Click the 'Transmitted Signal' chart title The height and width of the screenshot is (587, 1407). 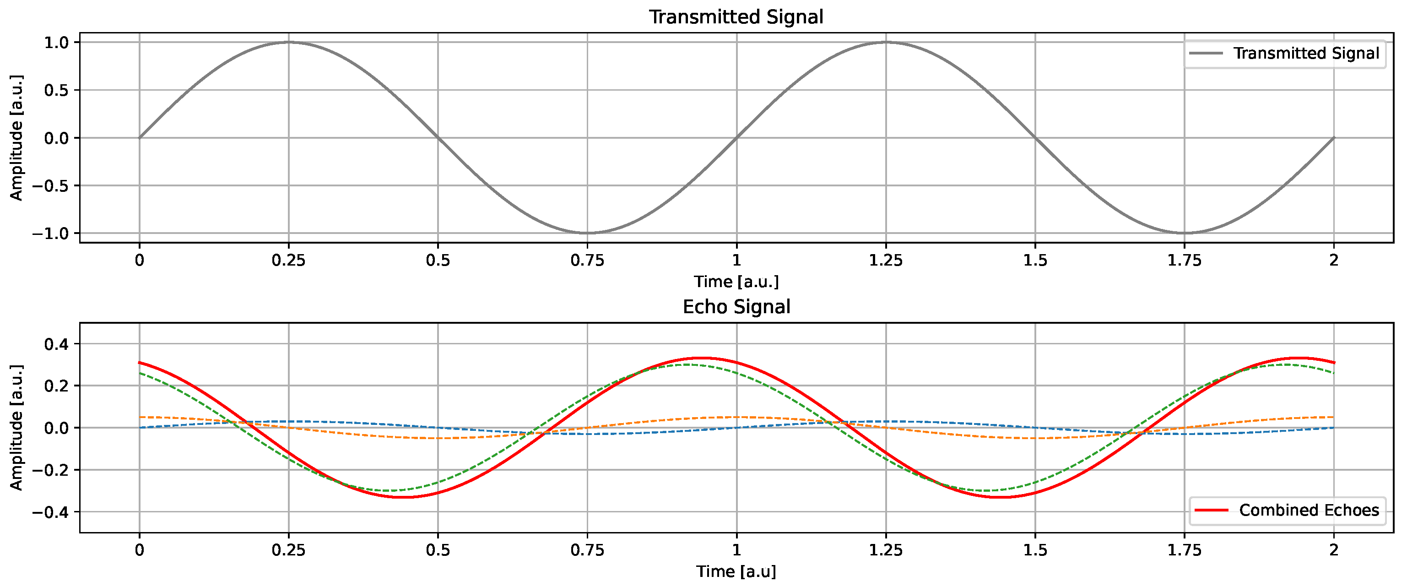click(736, 17)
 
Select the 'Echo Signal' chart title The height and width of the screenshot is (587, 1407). click(736, 307)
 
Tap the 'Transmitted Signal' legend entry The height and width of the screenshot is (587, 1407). click(1305, 54)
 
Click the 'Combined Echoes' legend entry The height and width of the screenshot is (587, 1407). click(1309, 510)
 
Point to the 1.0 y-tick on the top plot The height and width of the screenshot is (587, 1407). click(56, 43)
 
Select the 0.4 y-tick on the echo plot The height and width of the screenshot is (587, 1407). click(56, 344)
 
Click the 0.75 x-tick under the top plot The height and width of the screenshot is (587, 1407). click(587, 261)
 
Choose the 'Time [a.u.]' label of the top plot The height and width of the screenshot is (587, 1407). click(736, 282)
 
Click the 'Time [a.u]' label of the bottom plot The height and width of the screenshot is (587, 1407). click(736, 571)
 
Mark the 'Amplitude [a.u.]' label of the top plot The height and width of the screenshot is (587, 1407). click(16, 138)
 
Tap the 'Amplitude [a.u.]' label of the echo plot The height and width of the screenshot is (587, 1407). click(16, 427)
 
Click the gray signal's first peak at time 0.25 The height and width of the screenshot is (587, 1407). click(288, 42)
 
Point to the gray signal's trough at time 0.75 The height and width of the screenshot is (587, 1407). click(587, 234)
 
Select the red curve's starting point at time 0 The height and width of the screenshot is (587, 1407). click(140, 362)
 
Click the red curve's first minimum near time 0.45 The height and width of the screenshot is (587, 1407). click(403, 497)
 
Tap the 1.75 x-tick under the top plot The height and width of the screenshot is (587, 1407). click(1184, 261)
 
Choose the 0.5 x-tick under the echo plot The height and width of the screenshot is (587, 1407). click(438, 550)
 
